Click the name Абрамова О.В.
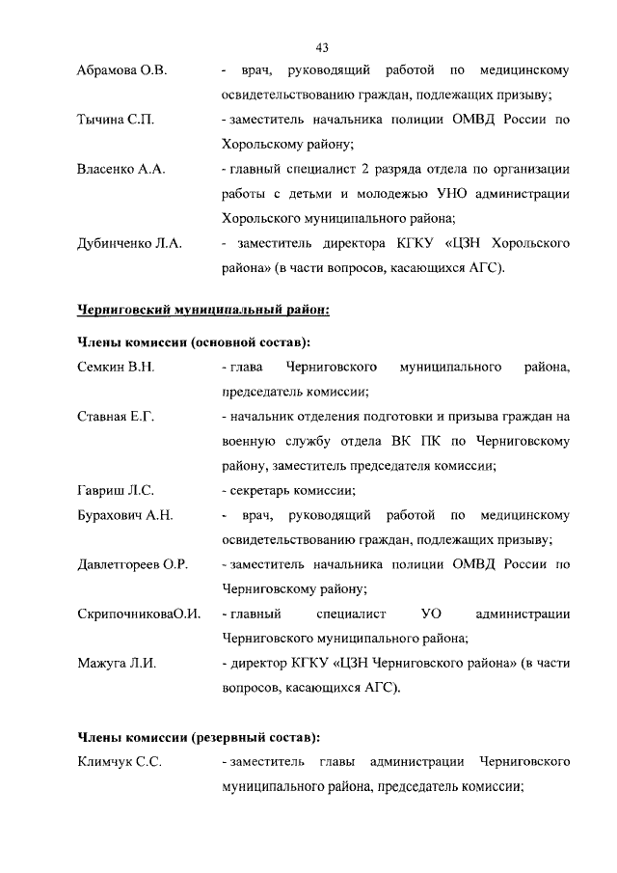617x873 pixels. (x=121, y=71)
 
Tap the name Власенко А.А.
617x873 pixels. (x=121, y=170)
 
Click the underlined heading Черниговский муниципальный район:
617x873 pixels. (x=203, y=311)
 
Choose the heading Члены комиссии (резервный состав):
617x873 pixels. (x=198, y=738)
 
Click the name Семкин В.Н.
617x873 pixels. (x=116, y=368)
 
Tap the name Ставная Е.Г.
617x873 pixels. (x=115, y=417)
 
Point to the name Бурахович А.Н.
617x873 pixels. (x=124, y=515)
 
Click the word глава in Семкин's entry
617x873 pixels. (x=247, y=368)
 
